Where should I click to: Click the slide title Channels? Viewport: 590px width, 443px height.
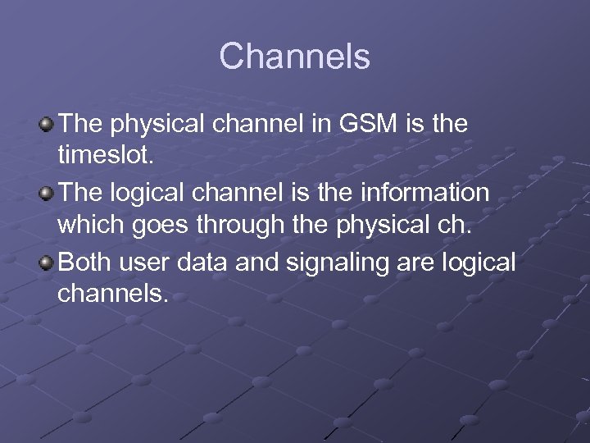(295, 57)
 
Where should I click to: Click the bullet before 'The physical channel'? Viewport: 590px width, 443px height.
(47, 126)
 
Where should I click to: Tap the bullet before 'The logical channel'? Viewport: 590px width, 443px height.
(47, 194)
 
